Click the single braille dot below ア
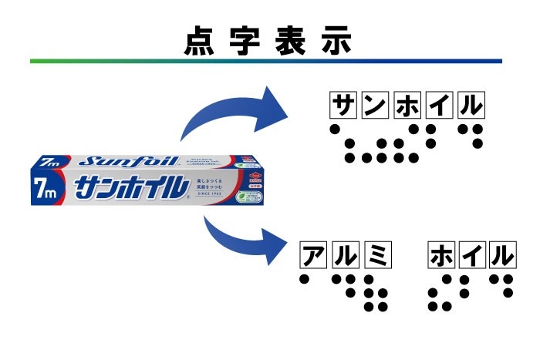[305, 278]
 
